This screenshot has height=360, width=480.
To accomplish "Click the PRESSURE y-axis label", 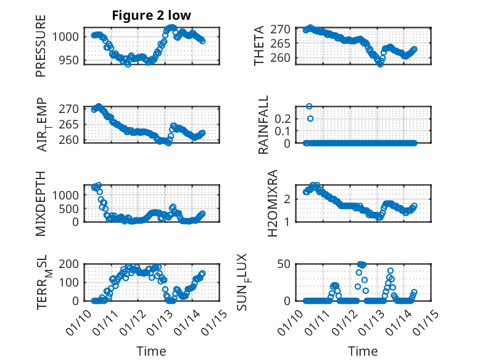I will tap(41, 49).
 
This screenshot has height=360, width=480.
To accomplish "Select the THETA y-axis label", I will tap(259, 46).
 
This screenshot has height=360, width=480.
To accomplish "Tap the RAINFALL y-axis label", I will tap(263, 125).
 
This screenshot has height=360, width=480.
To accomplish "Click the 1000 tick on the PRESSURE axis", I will tap(67, 37).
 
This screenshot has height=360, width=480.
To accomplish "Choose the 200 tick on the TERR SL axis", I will tap(70, 264).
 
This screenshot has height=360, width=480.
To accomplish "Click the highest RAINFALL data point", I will tap(309, 106).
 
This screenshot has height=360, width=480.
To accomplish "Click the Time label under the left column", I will tap(151, 351).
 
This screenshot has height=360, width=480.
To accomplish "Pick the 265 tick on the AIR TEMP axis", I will tap(70, 124).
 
